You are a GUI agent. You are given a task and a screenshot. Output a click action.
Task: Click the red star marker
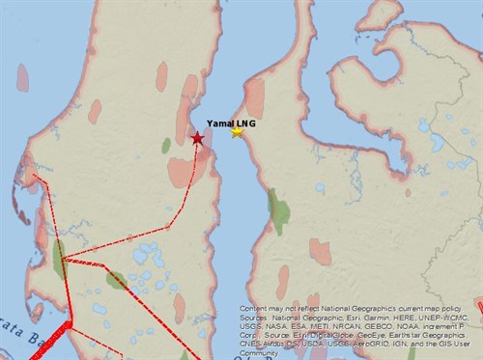(x=197, y=139)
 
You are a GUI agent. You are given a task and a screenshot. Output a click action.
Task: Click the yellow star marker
(x=238, y=132)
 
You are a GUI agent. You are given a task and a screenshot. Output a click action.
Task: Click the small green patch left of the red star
(x=166, y=145)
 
